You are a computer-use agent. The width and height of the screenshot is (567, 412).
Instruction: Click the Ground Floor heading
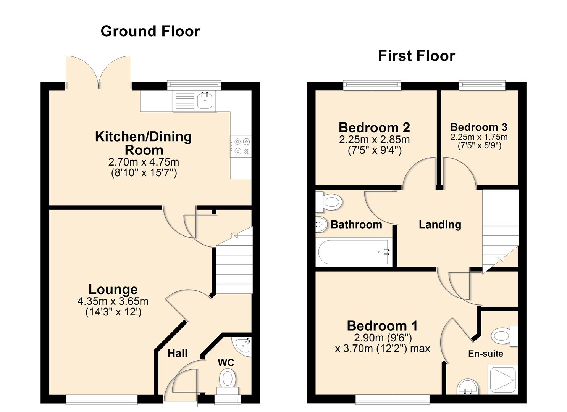coord(150,31)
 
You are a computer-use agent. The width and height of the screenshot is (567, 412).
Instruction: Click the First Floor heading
coord(416,56)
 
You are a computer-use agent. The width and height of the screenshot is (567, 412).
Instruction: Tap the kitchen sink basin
coord(206,101)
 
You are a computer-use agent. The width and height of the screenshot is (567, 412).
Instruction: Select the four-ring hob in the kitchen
coord(241,146)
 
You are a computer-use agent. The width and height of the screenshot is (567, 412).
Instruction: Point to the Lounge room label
coord(113,289)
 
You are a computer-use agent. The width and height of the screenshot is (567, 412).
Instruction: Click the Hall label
coord(178,354)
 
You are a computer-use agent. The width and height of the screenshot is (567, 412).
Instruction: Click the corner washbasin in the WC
coord(244,346)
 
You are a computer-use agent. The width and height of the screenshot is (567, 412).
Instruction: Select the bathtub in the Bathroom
coord(354,252)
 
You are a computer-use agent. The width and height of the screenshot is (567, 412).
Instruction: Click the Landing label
coord(440,225)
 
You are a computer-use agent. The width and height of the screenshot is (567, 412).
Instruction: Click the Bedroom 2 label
coord(374,127)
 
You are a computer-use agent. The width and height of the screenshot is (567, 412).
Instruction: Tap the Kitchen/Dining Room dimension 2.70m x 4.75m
coord(144,162)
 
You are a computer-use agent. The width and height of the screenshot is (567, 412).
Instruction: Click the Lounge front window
coord(102,399)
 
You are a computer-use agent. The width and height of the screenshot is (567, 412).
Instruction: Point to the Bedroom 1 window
coord(393,399)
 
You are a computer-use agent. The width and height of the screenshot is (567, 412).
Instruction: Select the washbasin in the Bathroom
coord(321,225)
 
